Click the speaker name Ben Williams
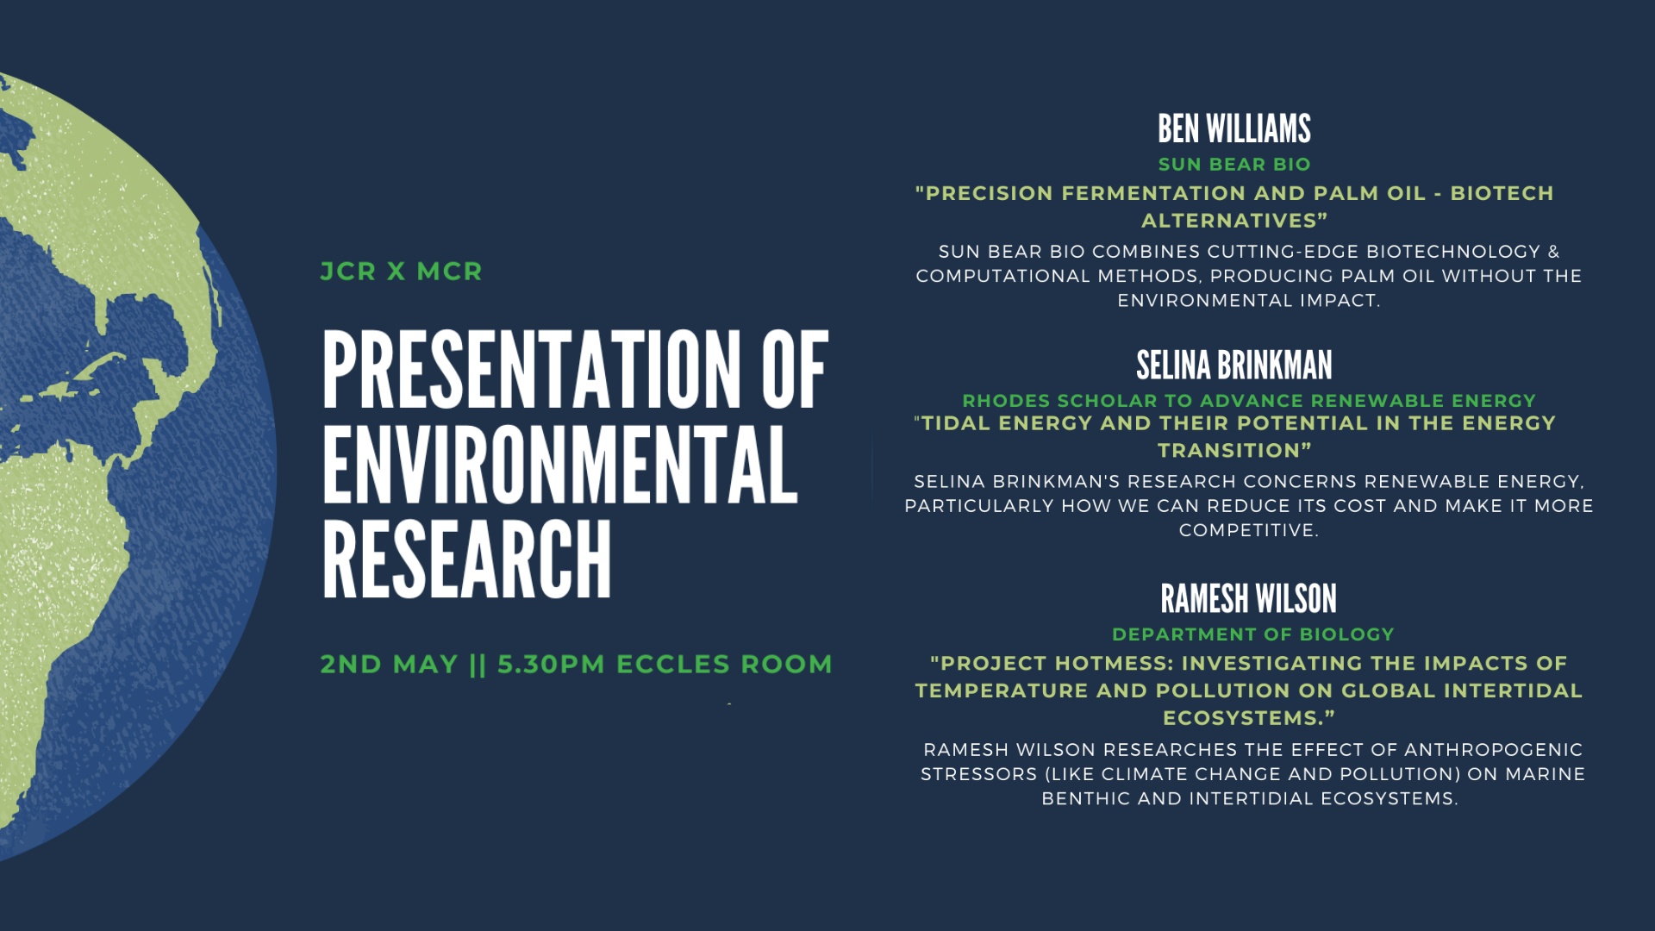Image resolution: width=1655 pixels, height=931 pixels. pos(1233,129)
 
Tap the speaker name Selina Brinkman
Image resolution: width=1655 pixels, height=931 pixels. pos(1233,366)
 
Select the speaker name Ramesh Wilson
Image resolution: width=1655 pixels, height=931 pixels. pos(1248,599)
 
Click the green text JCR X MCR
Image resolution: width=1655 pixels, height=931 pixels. pos(401,272)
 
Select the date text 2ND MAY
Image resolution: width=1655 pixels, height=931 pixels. pos(389,665)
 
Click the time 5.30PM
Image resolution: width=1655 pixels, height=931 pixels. pos(551,665)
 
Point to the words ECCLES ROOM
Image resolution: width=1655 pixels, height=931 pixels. pos(724,665)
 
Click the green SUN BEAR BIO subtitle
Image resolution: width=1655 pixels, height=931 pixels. pos(1233,165)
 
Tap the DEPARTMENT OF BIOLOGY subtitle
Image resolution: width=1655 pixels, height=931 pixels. pos(1252,634)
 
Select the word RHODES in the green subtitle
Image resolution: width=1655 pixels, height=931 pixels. pos(1006,401)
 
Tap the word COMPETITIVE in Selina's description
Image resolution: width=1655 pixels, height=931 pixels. pos(1246,530)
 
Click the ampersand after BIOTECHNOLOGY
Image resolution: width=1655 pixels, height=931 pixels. pos(1553,252)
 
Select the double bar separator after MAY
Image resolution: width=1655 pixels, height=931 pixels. pos(478,665)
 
